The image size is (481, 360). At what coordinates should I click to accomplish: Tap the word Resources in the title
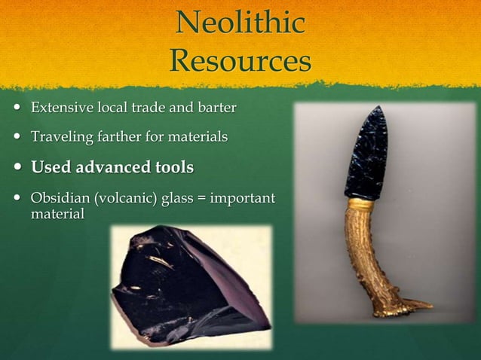tap(240, 60)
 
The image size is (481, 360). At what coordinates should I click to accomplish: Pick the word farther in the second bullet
tap(118, 137)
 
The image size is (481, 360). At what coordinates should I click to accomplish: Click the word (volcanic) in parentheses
tap(124, 199)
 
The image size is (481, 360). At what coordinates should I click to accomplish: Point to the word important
tap(241, 199)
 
